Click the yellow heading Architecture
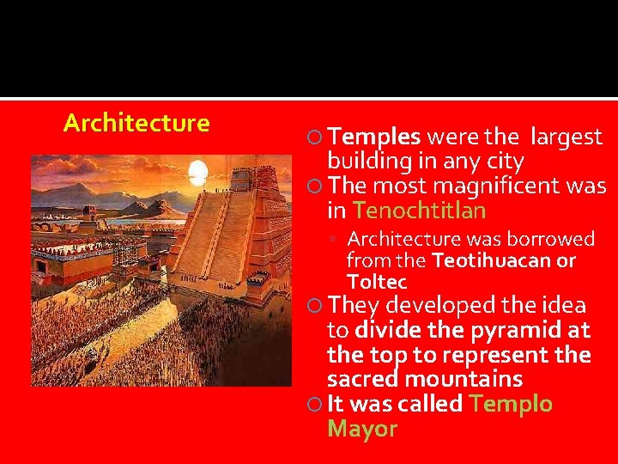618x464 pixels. click(136, 123)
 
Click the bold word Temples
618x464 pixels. click(374, 137)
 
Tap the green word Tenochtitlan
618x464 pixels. click(419, 211)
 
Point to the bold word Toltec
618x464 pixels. click(377, 282)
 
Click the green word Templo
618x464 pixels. click(511, 404)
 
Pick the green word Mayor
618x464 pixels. click(362, 429)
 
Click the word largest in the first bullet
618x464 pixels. click(566, 137)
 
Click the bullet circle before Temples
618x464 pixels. click(315, 137)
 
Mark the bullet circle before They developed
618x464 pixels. click(315, 306)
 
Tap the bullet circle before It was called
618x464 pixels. click(315, 405)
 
